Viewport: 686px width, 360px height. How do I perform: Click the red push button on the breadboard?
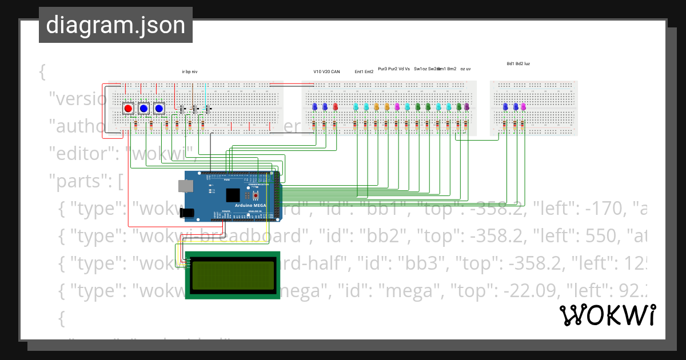click(129, 108)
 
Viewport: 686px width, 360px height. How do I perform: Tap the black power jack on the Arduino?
click(188, 213)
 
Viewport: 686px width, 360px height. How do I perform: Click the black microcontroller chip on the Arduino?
click(233, 195)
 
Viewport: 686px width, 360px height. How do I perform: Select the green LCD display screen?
click(232, 275)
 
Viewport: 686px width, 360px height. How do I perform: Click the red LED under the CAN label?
click(335, 107)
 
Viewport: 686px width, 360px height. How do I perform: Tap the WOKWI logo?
click(607, 315)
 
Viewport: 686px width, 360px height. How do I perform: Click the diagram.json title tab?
click(115, 25)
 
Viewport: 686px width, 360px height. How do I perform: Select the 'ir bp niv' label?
click(189, 72)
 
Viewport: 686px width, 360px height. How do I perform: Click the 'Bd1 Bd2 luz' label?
click(518, 64)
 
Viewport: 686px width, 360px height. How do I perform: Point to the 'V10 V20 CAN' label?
click(326, 72)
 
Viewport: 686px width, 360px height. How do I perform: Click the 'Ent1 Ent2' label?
click(364, 72)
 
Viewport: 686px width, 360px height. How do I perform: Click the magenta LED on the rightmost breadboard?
click(524, 106)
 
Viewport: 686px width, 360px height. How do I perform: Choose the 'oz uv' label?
click(465, 69)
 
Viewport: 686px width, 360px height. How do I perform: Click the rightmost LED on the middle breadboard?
click(466, 107)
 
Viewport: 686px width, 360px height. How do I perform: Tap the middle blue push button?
click(143, 108)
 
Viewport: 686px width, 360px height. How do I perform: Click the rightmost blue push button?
click(159, 108)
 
